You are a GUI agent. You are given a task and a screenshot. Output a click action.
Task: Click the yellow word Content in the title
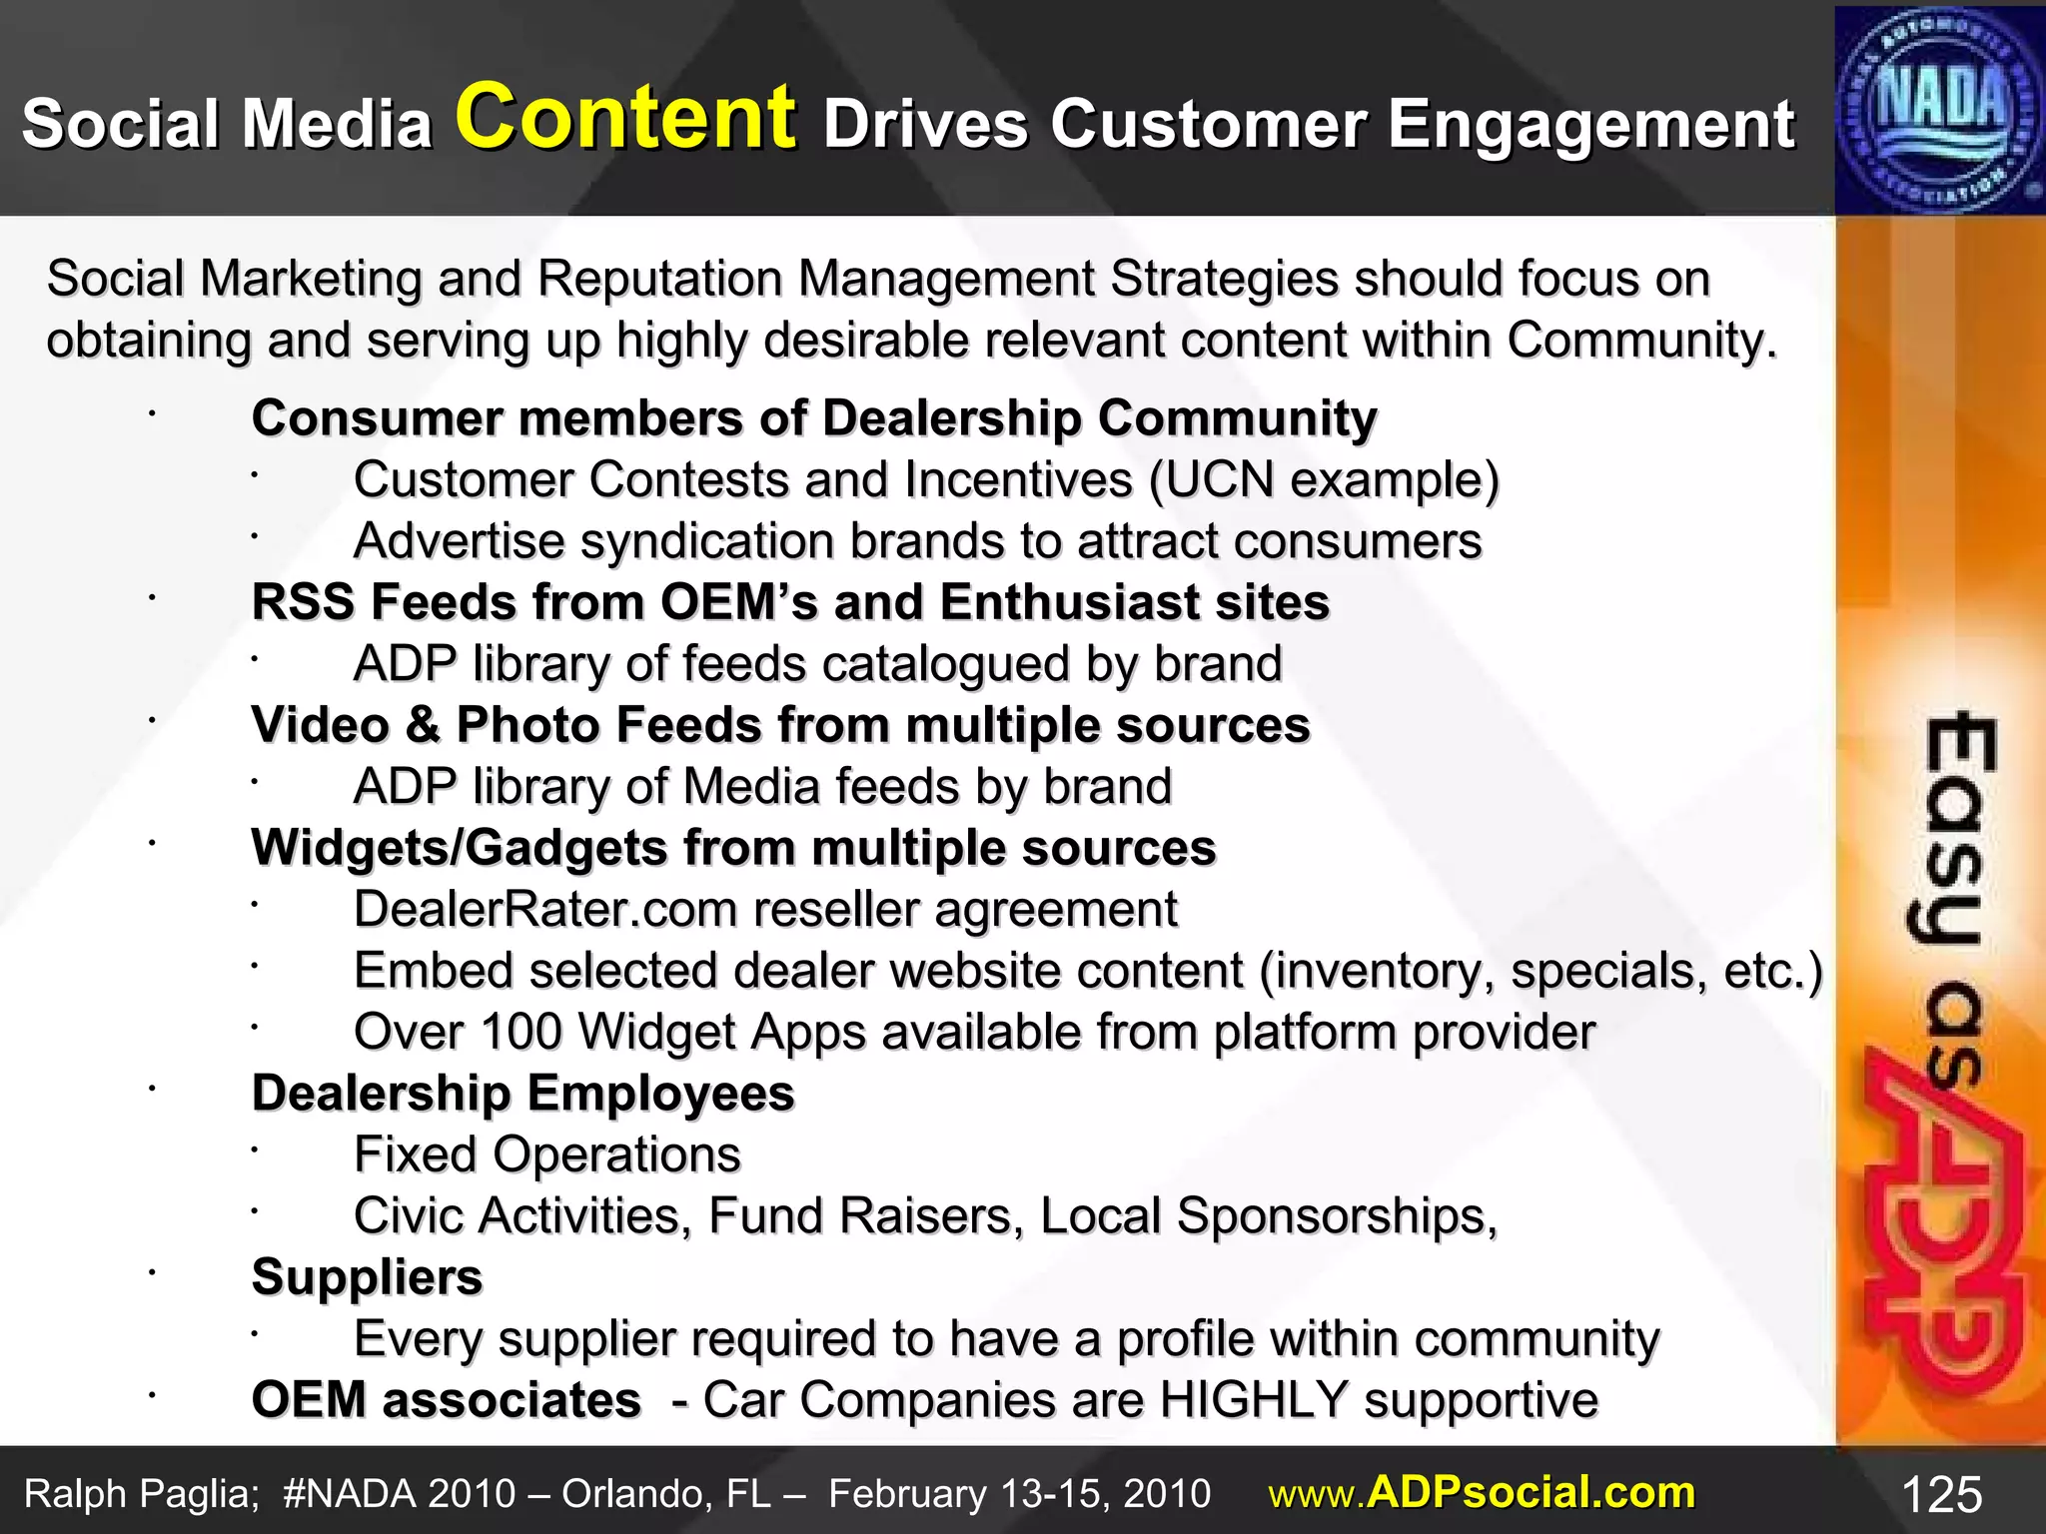[x=625, y=118]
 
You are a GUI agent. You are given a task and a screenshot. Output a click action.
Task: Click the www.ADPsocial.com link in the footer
[x=1482, y=1493]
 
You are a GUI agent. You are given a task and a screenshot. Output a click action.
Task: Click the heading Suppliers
[x=367, y=1277]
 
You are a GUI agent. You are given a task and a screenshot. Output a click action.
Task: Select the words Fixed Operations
[x=547, y=1155]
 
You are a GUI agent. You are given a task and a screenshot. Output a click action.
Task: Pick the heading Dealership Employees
[x=522, y=1094]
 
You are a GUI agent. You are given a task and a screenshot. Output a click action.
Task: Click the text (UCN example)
[x=1324, y=480]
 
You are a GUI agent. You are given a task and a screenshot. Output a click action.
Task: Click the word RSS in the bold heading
[x=303, y=603]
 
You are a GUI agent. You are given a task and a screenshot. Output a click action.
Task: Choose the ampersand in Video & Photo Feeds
[x=423, y=726]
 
